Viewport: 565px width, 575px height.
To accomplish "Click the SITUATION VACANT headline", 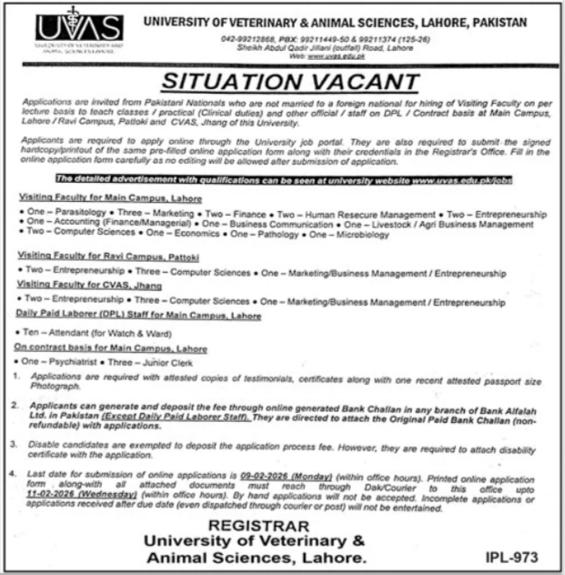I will coord(289,82).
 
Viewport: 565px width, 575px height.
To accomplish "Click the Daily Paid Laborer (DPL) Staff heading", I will coord(138,315).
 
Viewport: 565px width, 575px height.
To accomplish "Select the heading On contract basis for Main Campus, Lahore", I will coord(110,348).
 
